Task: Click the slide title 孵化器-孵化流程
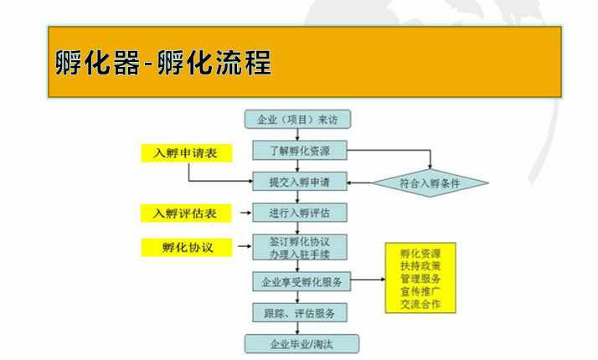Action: (x=163, y=62)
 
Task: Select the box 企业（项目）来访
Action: (x=297, y=120)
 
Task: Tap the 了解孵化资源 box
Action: (x=299, y=150)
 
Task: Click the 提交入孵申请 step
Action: (x=299, y=182)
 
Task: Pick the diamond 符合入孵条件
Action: (x=430, y=183)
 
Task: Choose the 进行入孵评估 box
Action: (x=299, y=213)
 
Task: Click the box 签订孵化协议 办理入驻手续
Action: (x=299, y=247)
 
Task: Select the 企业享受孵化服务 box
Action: (x=302, y=282)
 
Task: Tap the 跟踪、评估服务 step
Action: (x=299, y=313)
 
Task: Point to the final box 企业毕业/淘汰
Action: (x=302, y=344)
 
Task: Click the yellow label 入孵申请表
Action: (x=187, y=153)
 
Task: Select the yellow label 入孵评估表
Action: (x=186, y=213)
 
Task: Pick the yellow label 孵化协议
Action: (x=187, y=247)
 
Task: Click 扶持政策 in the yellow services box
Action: (x=420, y=265)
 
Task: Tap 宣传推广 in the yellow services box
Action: (x=420, y=291)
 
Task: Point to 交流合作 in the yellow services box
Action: (x=420, y=304)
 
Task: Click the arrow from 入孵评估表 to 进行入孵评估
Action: (x=246, y=213)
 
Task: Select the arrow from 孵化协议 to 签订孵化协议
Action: (x=245, y=246)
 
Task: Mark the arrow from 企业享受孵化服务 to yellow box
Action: (x=368, y=280)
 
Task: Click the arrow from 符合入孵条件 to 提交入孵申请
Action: (x=359, y=183)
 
